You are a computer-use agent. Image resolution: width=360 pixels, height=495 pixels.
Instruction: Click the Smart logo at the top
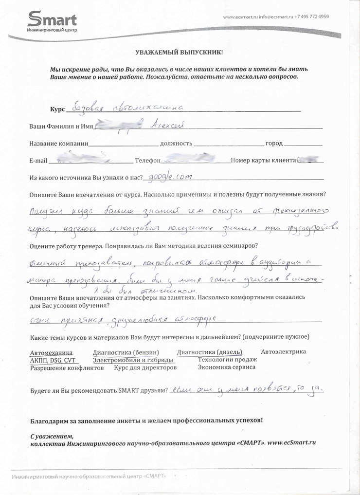click(x=52, y=21)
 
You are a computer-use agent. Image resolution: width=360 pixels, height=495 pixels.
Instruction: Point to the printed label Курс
click(x=57, y=110)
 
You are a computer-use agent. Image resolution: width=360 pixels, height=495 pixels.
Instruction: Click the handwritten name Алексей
click(x=166, y=125)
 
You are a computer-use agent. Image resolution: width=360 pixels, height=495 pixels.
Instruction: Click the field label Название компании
click(x=58, y=144)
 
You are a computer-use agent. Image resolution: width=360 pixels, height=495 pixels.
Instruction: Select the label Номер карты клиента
click(x=263, y=160)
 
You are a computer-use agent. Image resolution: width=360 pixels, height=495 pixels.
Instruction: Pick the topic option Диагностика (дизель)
click(x=209, y=352)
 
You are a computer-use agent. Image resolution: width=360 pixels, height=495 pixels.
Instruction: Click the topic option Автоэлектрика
click(x=283, y=351)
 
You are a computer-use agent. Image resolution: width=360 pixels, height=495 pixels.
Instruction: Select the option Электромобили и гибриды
click(x=133, y=360)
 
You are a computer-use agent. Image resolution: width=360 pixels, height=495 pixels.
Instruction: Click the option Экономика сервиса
click(x=226, y=367)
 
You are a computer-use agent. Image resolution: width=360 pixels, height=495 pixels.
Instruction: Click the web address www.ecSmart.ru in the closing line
click(x=292, y=443)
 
